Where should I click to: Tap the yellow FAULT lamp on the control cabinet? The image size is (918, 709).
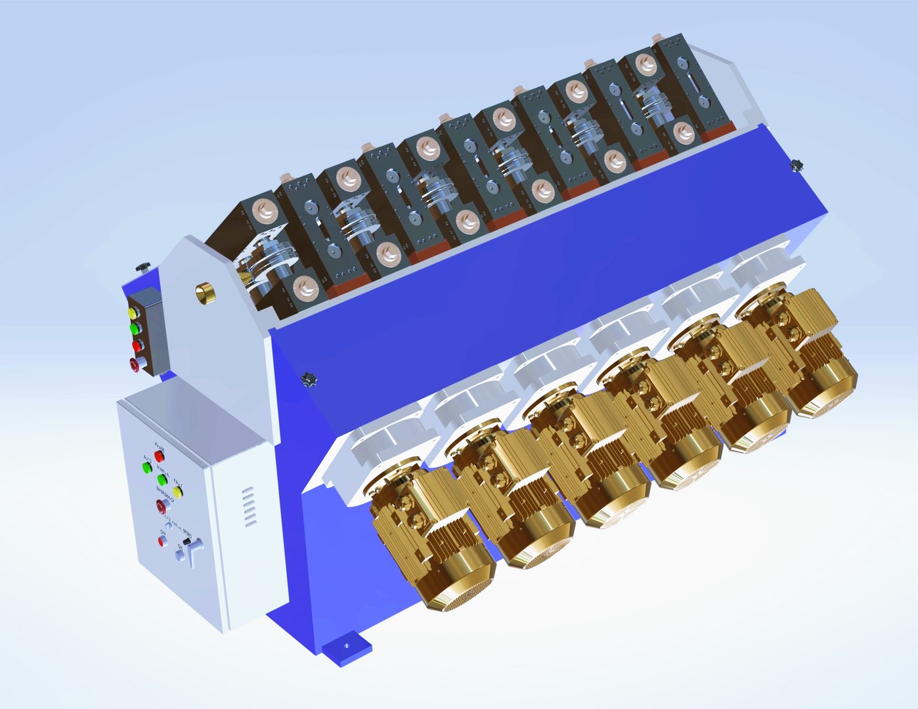(177, 491)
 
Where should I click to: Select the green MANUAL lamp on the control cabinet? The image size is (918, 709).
(162, 480)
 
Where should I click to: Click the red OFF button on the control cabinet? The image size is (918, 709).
(162, 542)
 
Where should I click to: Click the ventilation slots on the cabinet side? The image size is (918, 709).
(248, 507)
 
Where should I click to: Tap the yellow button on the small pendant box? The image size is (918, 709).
(134, 313)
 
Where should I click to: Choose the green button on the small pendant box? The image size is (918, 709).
(135, 328)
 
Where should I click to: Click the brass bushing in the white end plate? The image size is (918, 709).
(206, 293)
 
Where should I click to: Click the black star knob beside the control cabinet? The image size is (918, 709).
(308, 379)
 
